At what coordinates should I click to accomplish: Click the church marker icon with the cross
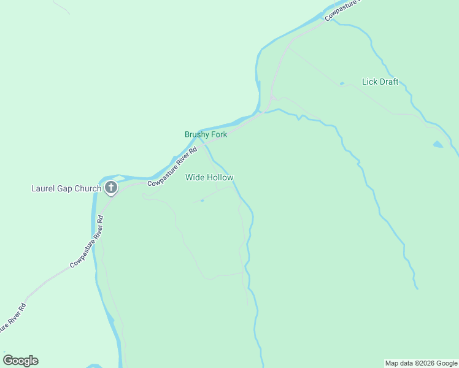(x=111, y=188)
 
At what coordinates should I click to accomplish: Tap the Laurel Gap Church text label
(x=66, y=188)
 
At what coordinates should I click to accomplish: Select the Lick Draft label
(x=380, y=82)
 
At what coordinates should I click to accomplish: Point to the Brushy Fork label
(x=206, y=134)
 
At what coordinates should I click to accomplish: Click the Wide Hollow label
(x=209, y=177)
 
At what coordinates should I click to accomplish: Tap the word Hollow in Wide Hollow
(x=220, y=177)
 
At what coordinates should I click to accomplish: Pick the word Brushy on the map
(x=197, y=134)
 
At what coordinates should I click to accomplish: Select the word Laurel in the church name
(x=44, y=188)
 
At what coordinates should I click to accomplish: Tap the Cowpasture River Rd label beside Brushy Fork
(x=172, y=166)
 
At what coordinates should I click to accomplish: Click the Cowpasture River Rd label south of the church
(x=87, y=242)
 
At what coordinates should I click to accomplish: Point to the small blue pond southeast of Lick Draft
(x=437, y=145)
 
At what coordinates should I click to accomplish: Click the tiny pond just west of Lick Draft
(x=342, y=83)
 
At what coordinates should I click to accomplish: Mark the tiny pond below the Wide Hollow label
(x=202, y=200)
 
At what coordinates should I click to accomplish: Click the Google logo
(x=20, y=361)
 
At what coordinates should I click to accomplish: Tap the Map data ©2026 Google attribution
(x=422, y=363)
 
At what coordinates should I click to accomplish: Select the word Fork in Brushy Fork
(x=219, y=134)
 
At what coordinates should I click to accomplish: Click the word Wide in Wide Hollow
(x=195, y=177)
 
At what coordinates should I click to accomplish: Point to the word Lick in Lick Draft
(x=369, y=82)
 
